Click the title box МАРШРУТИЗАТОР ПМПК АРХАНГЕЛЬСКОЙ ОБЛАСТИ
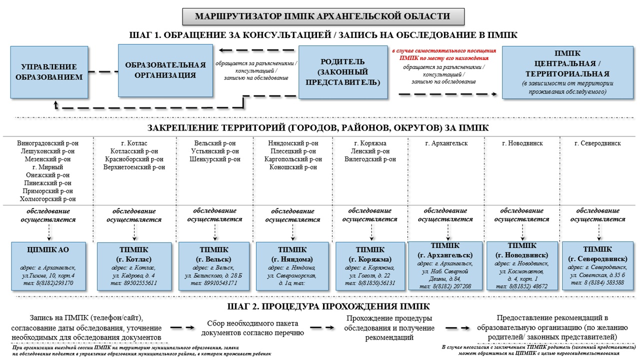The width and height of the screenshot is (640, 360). click(323, 16)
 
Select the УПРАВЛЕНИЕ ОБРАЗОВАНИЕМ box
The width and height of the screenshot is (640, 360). click(49, 72)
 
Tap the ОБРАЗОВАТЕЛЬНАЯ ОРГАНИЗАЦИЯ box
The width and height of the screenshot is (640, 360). click(165, 70)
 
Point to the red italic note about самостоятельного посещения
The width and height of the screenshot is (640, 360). click(444, 54)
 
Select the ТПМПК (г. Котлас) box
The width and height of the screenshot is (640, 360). click(133, 266)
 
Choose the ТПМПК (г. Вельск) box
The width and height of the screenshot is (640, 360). click(214, 266)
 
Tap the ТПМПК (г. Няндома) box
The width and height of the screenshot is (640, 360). click(292, 266)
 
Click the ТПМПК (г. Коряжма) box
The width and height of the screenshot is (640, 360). click(370, 266)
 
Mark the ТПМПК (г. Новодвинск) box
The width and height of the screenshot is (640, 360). click(522, 266)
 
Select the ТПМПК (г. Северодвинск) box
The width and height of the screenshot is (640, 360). click(597, 266)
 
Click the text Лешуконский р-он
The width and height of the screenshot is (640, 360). click(47, 151)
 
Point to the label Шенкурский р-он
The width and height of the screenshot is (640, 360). click(215, 159)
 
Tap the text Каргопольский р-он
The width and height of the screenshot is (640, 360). click(293, 159)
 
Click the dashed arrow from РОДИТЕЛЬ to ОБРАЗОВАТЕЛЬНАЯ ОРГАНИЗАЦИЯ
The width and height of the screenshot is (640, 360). click(257, 50)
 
